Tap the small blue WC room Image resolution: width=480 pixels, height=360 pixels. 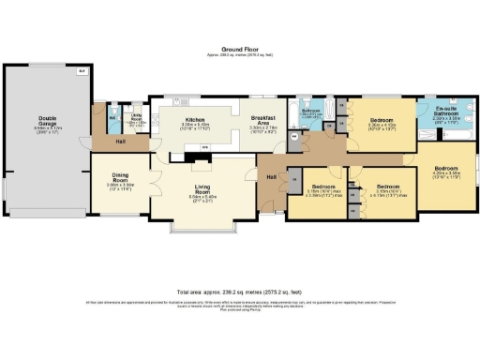click(x=112, y=121)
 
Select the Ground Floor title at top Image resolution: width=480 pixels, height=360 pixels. click(x=240, y=48)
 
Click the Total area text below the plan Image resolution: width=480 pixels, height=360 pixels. click(x=240, y=292)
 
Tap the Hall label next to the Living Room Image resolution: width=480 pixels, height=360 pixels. click(x=271, y=177)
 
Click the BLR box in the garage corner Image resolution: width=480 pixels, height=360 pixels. click(x=82, y=71)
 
